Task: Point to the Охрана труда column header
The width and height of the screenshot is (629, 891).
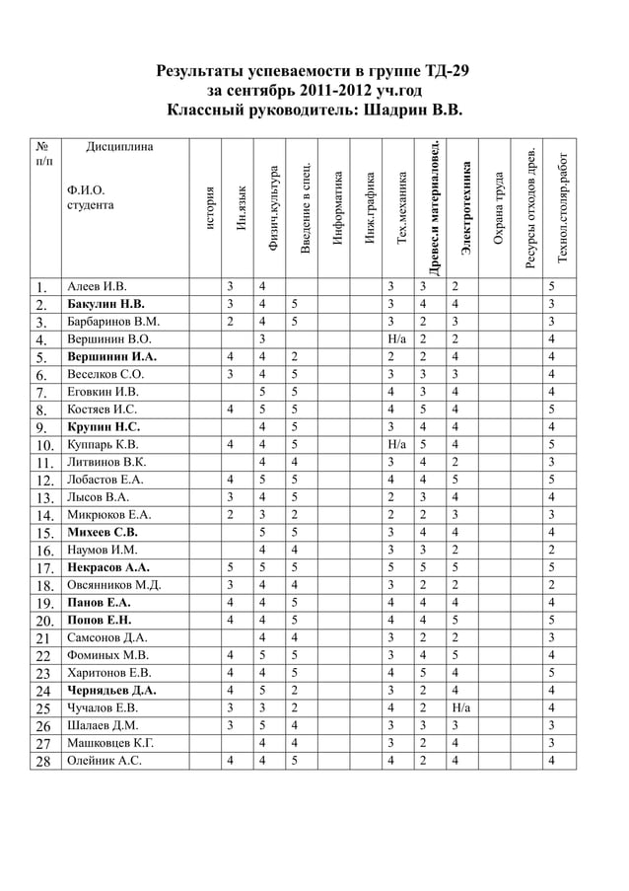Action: pyautogui.click(x=499, y=210)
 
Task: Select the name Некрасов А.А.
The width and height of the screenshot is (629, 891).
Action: pyautogui.click(x=108, y=568)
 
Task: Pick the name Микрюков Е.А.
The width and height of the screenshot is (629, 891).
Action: pyautogui.click(x=109, y=513)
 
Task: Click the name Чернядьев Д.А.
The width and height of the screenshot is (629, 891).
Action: pyautogui.click(x=112, y=690)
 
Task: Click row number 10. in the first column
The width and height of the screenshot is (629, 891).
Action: pyautogui.click(x=43, y=445)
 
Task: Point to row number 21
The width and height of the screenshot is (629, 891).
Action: pyautogui.click(x=43, y=637)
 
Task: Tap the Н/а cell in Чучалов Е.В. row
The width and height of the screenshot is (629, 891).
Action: pyautogui.click(x=460, y=707)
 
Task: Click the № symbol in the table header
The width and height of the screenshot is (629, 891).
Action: pyautogui.click(x=41, y=144)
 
